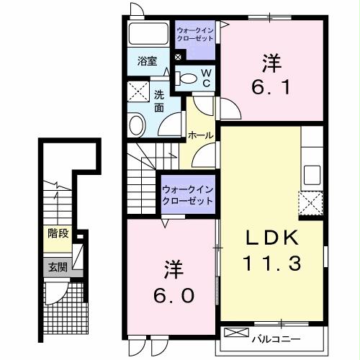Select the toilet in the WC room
pos(186,77)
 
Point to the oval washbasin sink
pos(138,125)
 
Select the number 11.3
pos(270,264)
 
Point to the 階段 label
pos(58,233)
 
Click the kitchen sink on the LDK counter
pos(312,175)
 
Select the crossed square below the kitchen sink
pos(312,204)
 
